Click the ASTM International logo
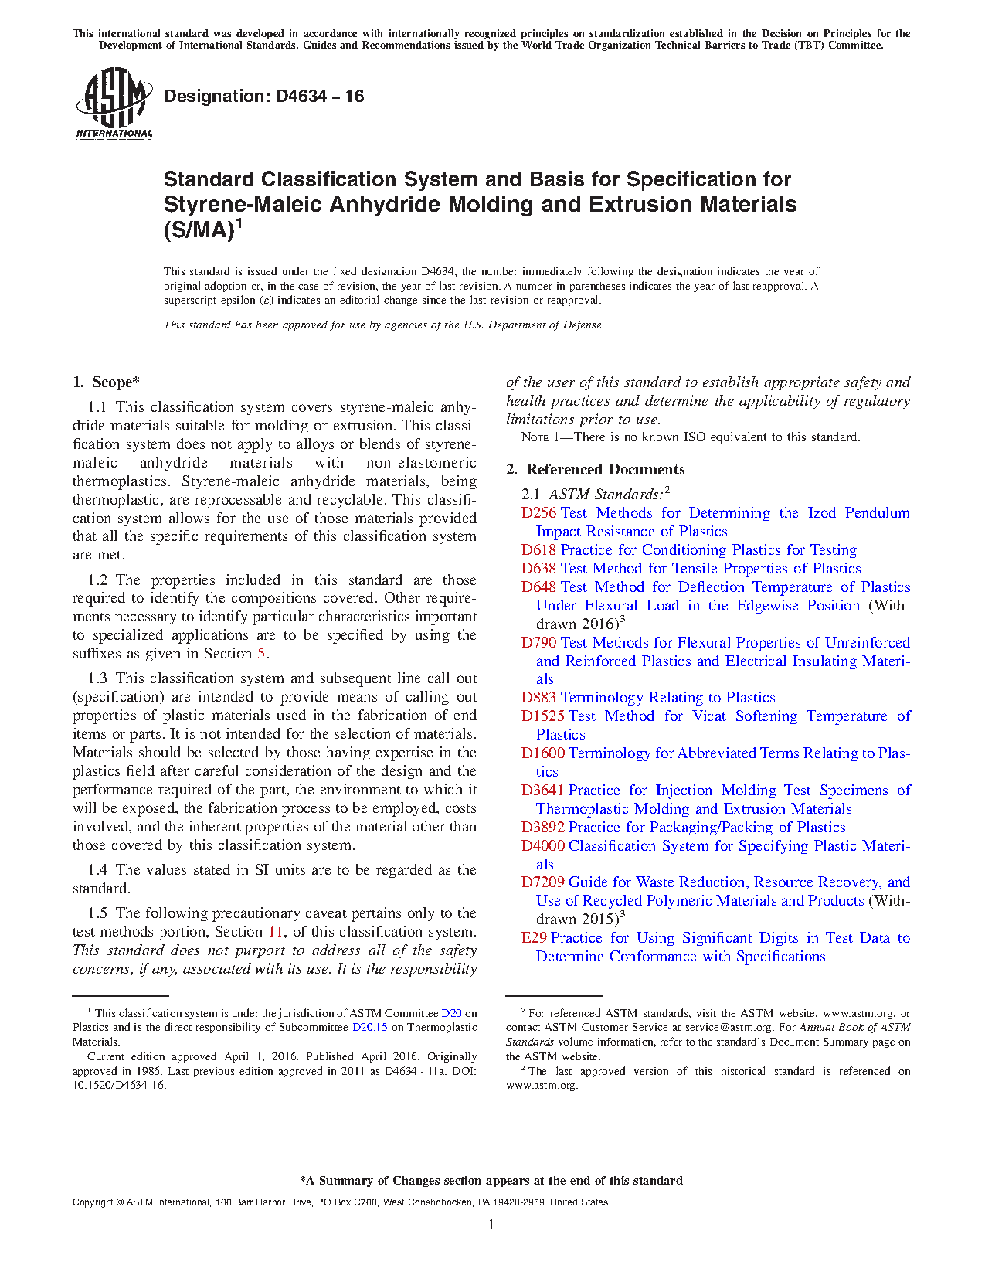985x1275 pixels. coord(114,103)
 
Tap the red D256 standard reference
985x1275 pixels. coord(538,513)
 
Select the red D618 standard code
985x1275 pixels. coord(538,550)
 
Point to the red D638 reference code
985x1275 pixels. coord(538,569)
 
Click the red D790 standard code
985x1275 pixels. coord(538,643)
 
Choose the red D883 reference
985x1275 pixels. coord(538,698)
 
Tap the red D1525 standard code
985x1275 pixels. coord(542,716)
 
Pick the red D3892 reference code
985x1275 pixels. coord(542,828)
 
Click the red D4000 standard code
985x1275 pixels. coord(542,846)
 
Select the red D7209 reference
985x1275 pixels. coord(542,882)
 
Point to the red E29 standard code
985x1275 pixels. coord(534,938)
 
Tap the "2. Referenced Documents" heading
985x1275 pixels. coord(595,470)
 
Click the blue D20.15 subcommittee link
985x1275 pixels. coord(370,1028)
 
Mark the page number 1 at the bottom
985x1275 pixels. coord(491,1224)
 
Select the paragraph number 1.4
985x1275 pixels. coord(97,870)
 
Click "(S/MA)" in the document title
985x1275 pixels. coord(199,230)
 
